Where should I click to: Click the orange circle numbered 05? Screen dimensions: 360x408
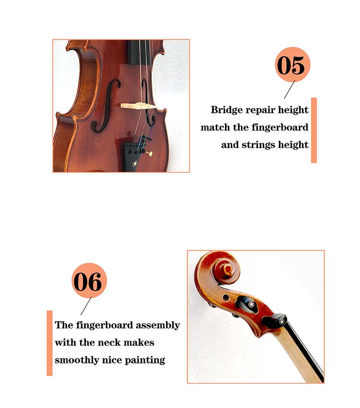(x=292, y=64)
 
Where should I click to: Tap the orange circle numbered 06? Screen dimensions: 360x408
(x=89, y=281)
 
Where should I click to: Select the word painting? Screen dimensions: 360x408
(x=145, y=360)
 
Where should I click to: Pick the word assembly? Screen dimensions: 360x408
(x=158, y=326)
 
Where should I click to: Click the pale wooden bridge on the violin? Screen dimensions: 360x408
(x=138, y=106)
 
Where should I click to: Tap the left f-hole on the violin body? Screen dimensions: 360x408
(x=105, y=105)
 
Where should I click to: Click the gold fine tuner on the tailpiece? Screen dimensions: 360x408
(x=150, y=154)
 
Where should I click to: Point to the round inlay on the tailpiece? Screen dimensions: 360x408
(x=135, y=164)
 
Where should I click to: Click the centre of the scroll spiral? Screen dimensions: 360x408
(x=229, y=269)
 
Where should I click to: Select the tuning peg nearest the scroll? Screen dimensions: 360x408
(x=247, y=305)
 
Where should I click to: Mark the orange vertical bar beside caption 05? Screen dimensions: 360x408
(x=314, y=130)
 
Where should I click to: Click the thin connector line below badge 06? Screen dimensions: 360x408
(x=86, y=306)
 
